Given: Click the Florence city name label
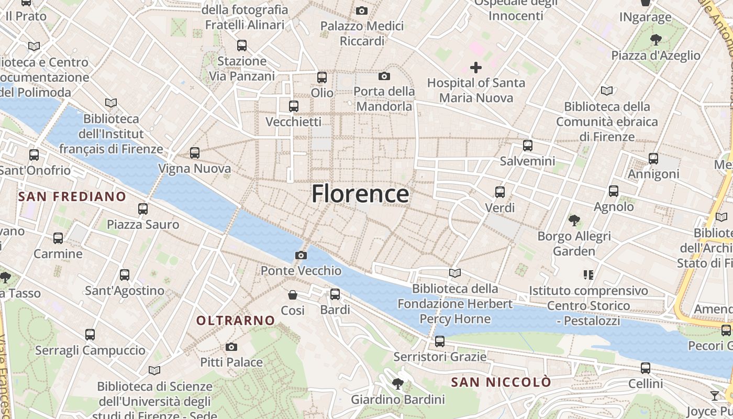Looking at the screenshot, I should click(x=360, y=194).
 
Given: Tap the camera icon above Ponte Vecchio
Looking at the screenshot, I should click(x=301, y=256).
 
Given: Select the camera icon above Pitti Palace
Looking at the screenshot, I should click(x=231, y=347).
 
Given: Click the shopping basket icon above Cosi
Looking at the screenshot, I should click(x=293, y=295).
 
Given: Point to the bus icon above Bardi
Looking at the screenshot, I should click(x=335, y=294).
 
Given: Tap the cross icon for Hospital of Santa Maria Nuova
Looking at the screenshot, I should click(x=476, y=68).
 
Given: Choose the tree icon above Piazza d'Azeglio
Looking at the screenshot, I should click(x=656, y=40).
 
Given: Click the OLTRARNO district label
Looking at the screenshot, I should click(x=236, y=321).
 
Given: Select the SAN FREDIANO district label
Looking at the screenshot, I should click(x=72, y=197).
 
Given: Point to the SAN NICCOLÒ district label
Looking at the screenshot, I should click(x=501, y=382).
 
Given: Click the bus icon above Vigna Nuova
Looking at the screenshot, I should click(x=195, y=153).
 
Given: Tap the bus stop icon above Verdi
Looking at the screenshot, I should click(x=500, y=192).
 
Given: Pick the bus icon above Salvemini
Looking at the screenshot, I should click(x=528, y=146).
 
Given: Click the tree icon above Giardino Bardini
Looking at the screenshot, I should click(x=398, y=384).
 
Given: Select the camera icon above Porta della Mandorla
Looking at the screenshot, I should click(x=384, y=76).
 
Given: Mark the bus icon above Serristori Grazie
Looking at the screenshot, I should click(x=440, y=341).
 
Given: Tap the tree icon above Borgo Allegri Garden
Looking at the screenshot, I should click(x=574, y=220).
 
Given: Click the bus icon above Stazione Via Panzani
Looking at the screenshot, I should click(x=242, y=46).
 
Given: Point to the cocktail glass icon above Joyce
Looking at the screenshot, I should click(x=715, y=395).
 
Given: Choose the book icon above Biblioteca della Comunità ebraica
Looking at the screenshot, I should click(x=607, y=91).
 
